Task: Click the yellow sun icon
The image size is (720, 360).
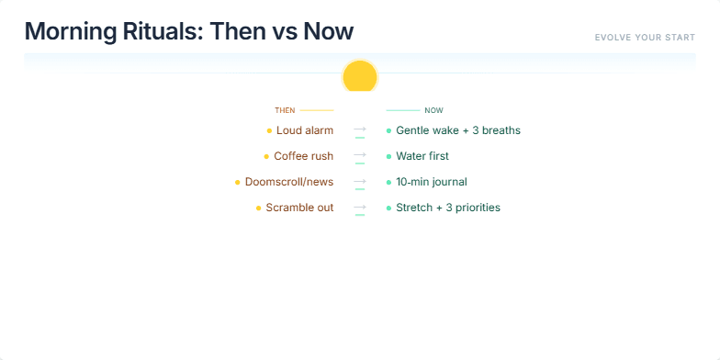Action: tap(360, 76)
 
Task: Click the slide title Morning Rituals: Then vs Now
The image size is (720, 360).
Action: tap(189, 31)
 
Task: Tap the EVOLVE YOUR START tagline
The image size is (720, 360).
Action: tap(645, 38)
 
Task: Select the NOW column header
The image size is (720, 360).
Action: tap(433, 110)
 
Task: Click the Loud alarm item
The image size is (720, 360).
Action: tap(305, 130)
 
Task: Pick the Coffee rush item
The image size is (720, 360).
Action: tap(303, 156)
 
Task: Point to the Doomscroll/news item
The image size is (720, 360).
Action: tap(289, 182)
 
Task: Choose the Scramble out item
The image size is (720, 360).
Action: tap(299, 208)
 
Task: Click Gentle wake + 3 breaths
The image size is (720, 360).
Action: tap(458, 130)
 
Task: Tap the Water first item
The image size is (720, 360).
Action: tap(422, 156)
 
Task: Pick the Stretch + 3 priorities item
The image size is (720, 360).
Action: tap(448, 208)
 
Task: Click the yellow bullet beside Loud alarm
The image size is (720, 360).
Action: tap(269, 130)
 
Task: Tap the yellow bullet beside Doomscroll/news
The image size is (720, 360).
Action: tap(238, 182)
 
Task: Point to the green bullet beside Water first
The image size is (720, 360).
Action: tap(388, 156)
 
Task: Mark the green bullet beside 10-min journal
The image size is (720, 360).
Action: tap(388, 182)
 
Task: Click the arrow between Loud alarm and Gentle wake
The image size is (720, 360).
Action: tap(360, 129)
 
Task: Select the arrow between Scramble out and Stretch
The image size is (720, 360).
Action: tap(360, 207)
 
